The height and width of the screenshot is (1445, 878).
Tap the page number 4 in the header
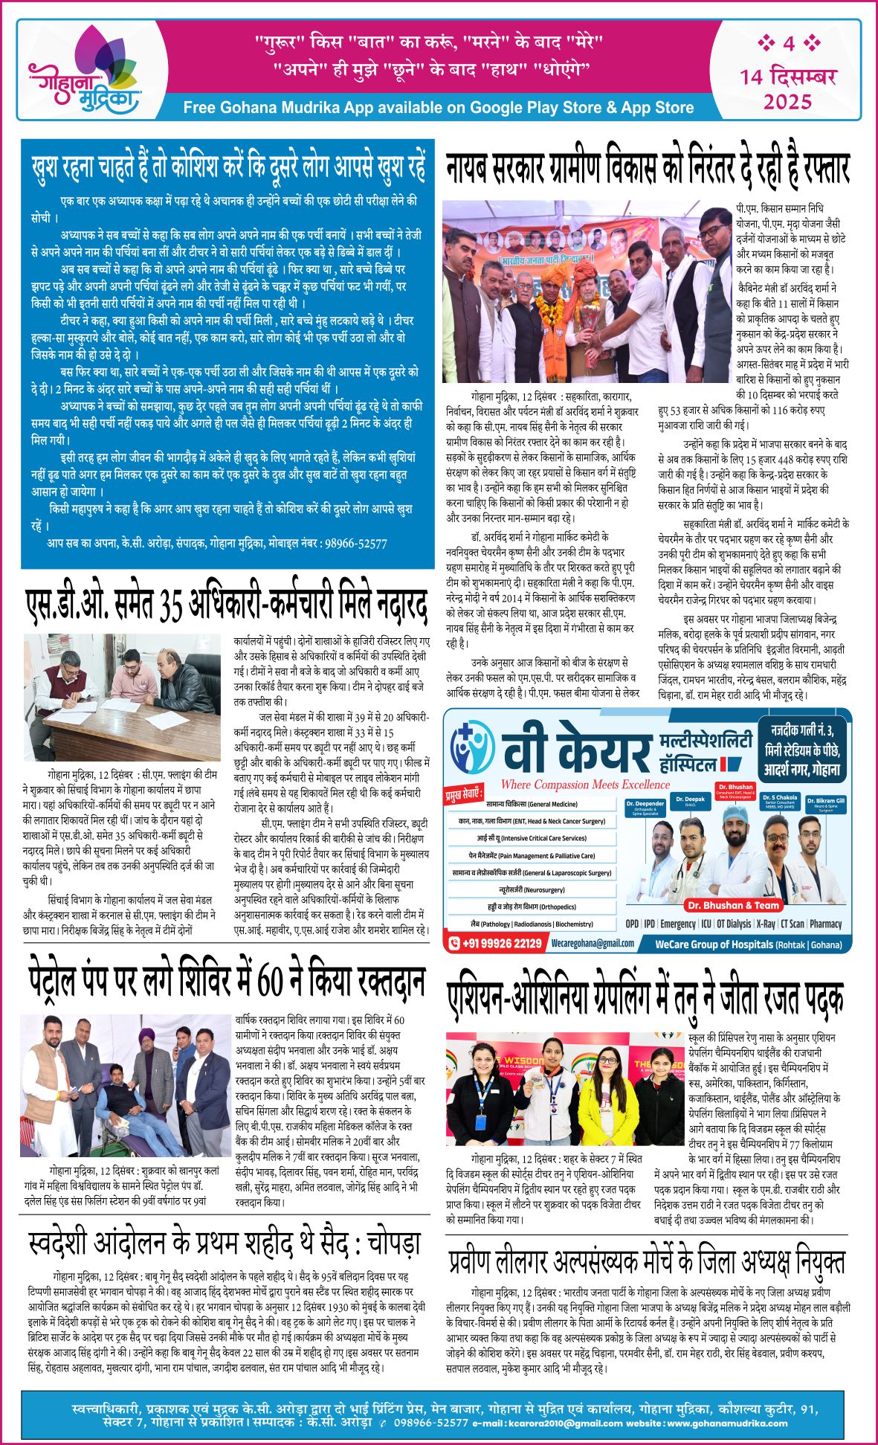[x=788, y=44]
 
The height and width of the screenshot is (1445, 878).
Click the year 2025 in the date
[x=787, y=101]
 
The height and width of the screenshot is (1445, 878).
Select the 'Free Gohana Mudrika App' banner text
[x=438, y=107]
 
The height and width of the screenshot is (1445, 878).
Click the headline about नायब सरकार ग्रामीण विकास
[x=648, y=168]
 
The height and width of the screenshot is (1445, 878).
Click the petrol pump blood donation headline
[x=227, y=981]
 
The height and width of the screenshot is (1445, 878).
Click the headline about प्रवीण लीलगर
[x=646, y=1262]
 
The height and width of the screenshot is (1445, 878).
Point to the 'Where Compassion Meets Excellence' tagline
[x=585, y=784]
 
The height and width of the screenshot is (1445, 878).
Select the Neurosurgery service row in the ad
[x=531, y=889]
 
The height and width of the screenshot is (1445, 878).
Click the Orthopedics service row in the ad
[x=531, y=907]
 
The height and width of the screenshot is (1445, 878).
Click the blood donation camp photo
[x=126, y=1085]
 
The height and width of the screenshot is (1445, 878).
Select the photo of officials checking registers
[x=122, y=697]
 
